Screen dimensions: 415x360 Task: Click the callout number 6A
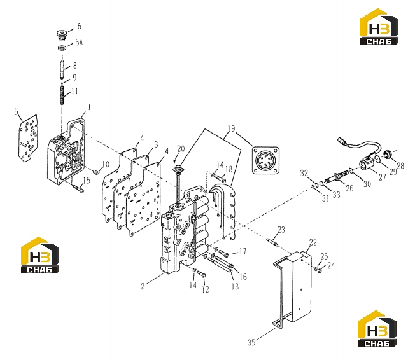pyautogui.click(x=79, y=42)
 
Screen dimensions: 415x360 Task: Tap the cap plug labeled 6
pyautogui.click(x=62, y=36)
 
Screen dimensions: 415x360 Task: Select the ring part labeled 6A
pyautogui.click(x=62, y=48)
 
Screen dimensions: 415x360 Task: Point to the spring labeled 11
pyautogui.click(x=62, y=95)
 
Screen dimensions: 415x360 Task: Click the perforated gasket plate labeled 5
pyautogui.click(x=27, y=138)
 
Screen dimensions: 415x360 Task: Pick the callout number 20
pyautogui.click(x=181, y=149)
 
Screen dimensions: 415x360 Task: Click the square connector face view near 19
pyautogui.click(x=265, y=160)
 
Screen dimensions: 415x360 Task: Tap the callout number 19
pyautogui.click(x=231, y=128)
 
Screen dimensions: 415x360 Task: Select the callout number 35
pyautogui.click(x=251, y=342)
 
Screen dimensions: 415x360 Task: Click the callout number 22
pyautogui.click(x=313, y=242)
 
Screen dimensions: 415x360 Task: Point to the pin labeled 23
pyautogui.click(x=272, y=242)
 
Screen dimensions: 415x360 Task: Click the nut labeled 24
pyautogui.click(x=320, y=270)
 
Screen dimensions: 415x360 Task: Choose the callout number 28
pyautogui.click(x=400, y=166)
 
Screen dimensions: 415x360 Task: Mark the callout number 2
pyautogui.click(x=143, y=286)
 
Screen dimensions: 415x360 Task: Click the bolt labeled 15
pyautogui.click(x=78, y=189)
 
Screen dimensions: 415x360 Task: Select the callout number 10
pyautogui.click(x=106, y=164)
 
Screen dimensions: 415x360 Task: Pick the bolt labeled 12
pyautogui.click(x=202, y=275)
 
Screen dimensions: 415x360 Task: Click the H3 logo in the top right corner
pyautogui.click(x=379, y=27)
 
